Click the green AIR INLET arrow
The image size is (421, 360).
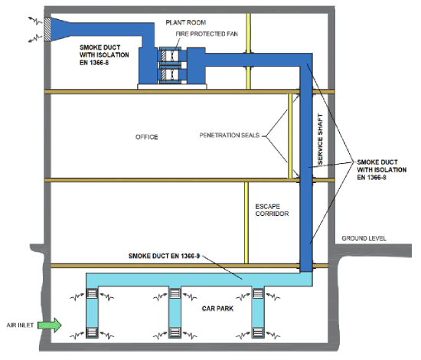(50, 325)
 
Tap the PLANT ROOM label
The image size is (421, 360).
(186, 22)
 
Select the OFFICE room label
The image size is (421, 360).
(147, 137)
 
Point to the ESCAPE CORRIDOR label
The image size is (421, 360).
(272, 210)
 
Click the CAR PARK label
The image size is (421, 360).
(217, 309)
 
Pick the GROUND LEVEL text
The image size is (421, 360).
(364, 238)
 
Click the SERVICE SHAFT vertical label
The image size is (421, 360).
(320, 139)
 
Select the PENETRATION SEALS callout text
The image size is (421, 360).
(230, 135)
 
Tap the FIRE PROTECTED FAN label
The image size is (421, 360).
(207, 34)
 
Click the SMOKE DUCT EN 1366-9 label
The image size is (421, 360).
(164, 256)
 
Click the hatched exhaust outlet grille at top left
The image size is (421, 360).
(47, 29)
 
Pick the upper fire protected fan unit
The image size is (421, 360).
(170, 56)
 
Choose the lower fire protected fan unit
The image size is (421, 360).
(170, 74)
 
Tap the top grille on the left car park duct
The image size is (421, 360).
(92, 293)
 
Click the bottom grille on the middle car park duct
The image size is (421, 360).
(175, 332)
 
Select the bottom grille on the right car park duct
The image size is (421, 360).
(258, 332)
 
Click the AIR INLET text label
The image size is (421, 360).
(20, 326)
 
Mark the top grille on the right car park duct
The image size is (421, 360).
(258, 293)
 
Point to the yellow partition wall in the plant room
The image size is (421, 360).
(248, 51)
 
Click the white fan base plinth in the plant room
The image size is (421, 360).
(171, 87)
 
